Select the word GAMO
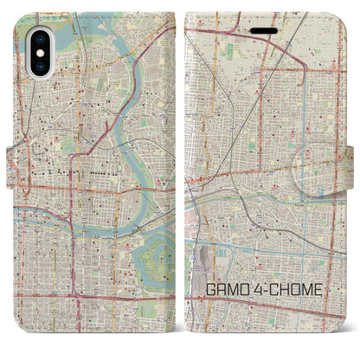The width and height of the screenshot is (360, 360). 227,304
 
